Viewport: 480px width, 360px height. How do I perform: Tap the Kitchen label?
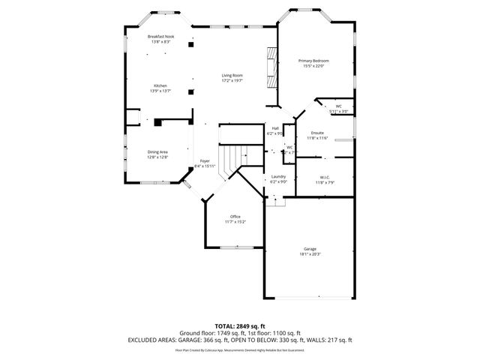point(160,85)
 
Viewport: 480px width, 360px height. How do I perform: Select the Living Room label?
point(232,75)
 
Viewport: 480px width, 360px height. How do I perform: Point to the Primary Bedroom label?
point(313,60)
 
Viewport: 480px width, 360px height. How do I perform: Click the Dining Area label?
point(157,151)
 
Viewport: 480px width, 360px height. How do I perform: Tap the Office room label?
point(235,217)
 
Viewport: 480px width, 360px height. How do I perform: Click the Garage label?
point(310,250)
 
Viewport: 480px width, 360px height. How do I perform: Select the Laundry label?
point(278,176)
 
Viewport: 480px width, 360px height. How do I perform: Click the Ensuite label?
point(318,133)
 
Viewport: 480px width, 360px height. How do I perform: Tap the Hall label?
point(275,128)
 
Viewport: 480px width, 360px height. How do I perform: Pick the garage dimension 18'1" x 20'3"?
point(310,255)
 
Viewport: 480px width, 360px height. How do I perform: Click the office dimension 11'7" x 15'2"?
point(235,222)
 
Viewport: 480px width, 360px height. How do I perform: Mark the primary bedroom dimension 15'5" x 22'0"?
point(313,65)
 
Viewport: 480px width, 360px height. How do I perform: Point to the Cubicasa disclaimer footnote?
point(239,349)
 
